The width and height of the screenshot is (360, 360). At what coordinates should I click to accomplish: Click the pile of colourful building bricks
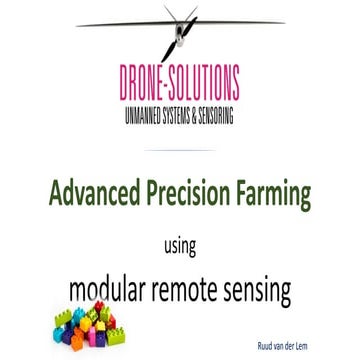click(x=89, y=331)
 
